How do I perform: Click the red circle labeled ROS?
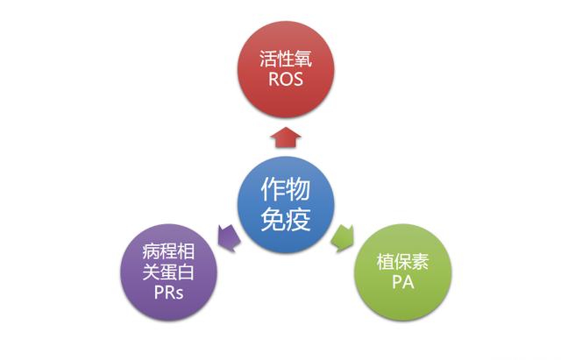[x=286, y=69]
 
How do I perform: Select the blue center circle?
[x=286, y=205]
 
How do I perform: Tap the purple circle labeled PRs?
[x=169, y=272]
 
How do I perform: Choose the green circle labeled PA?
[x=403, y=272]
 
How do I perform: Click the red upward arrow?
[x=286, y=138]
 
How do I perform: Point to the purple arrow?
[x=229, y=237]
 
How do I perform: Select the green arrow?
[x=343, y=238]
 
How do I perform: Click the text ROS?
[x=286, y=80]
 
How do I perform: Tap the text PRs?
[x=169, y=292]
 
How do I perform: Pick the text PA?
[x=403, y=282]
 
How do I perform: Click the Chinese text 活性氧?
[x=286, y=59]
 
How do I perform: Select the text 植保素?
[x=403, y=262]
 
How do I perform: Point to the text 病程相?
[x=169, y=251]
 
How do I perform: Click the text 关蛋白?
[x=169, y=272]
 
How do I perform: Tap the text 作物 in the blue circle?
[x=286, y=188]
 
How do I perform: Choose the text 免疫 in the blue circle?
[x=286, y=219]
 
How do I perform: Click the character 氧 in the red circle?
[x=304, y=59]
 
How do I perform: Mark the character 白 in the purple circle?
[x=187, y=272]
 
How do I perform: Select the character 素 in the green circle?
[x=421, y=262]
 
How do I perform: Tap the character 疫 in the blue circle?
[x=298, y=219]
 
